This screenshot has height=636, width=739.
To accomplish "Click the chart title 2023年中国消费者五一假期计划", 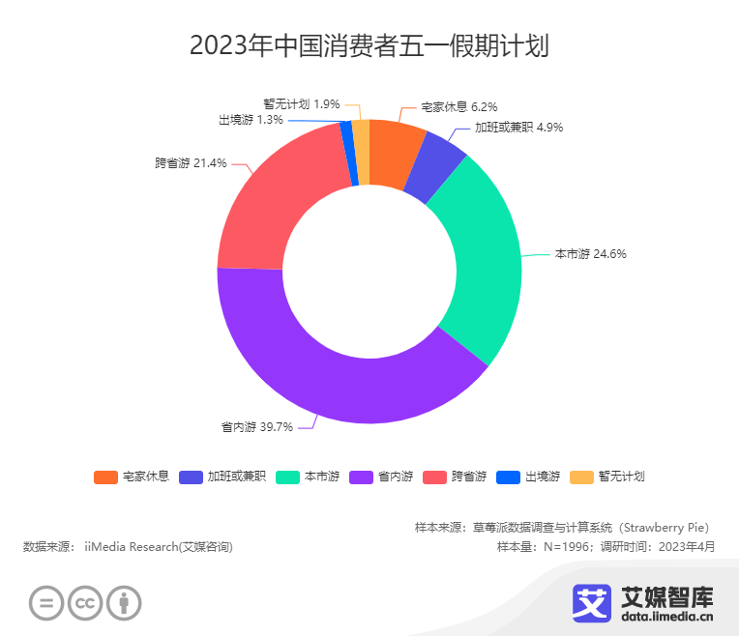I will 369,45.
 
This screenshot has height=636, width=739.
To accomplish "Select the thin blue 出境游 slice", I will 348,153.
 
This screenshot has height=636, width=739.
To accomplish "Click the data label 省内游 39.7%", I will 256,426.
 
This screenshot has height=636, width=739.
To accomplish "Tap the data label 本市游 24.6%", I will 590,254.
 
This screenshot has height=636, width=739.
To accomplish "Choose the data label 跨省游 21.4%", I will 191,163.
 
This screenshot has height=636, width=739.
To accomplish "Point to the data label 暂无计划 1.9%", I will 301,103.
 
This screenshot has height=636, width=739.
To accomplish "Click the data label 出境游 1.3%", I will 251,120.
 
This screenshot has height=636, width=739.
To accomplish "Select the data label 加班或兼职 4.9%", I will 518,127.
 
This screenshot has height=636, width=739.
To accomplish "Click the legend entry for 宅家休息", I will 132,477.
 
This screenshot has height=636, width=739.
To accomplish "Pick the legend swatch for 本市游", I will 288,477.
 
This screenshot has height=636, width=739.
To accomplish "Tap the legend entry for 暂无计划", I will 607,477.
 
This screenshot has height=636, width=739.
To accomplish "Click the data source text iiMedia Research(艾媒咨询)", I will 159,547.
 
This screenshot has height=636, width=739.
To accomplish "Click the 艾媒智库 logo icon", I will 591,604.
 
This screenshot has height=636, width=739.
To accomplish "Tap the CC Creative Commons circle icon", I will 85,603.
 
